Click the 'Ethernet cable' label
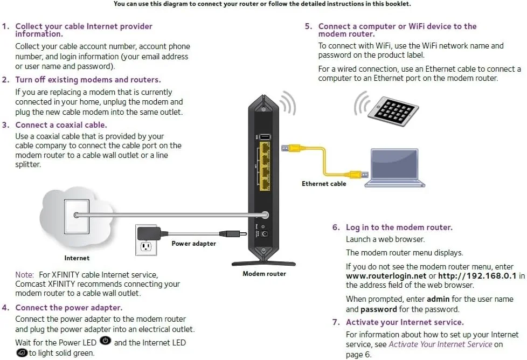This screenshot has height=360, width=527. [x=324, y=184]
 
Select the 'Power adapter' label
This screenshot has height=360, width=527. [x=193, y=244]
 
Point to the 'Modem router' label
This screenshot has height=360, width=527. [x=264, y=274]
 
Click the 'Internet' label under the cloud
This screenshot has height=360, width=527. [x=77, y=258]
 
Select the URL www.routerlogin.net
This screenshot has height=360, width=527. [x=382, y=276]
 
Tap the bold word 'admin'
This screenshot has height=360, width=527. [x=438, y=299]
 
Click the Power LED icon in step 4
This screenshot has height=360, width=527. [x=106, y=342]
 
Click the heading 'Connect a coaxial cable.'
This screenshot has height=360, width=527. [x=61, y=125]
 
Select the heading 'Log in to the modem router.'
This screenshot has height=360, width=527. [x=399, y=227]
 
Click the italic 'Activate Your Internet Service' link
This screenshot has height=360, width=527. [x=440, y=344]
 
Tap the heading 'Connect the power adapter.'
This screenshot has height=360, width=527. [x=69, y=308]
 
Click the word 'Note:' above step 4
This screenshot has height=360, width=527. [x=25, y=275]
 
